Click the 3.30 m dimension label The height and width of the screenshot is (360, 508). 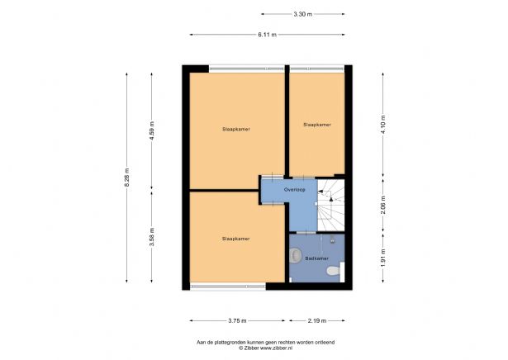tap(303, 14)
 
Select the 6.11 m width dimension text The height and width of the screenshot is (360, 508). tap(268, 35)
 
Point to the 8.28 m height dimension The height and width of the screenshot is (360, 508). tap(126, 178)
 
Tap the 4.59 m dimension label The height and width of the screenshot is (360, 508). tap(152, 130)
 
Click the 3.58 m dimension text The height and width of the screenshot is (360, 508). tap(152, 237)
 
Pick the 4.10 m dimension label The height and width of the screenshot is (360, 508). tap(383, 125)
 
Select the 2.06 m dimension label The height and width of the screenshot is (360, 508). tap(383, 205)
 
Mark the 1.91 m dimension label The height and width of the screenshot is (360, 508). tap(383, 258)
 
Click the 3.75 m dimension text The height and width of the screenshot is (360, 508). tap(237, 321)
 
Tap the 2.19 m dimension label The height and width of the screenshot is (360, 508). tap(317, 321)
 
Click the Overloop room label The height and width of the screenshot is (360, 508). tap(295, 190)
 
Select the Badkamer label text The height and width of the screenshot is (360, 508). tap(317, 258)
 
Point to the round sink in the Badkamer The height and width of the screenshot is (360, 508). tap(295, 255)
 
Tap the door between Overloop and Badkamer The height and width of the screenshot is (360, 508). tap(306, 233)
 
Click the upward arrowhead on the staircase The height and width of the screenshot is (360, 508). tap(331, 200)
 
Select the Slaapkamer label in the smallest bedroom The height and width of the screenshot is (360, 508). tap(317, 125)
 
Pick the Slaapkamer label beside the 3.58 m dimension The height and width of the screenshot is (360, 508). tap(236, 239)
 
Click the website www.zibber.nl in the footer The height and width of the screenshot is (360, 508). tap(277, 348)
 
